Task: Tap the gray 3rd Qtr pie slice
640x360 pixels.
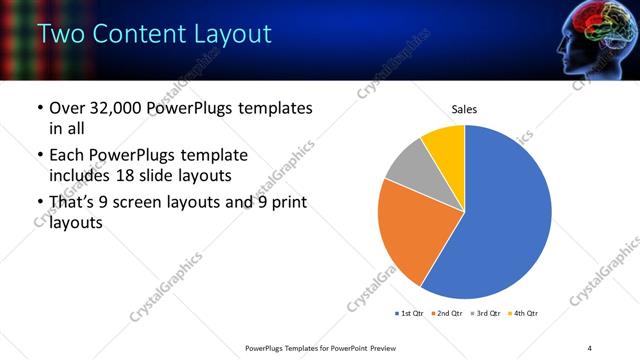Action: click(x=408, y=167)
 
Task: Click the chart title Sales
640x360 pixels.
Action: click(x=463, y=108)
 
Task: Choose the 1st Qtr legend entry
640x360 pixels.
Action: click(x=410, y=314)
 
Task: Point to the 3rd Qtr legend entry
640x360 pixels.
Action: click(x=487, y=314)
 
